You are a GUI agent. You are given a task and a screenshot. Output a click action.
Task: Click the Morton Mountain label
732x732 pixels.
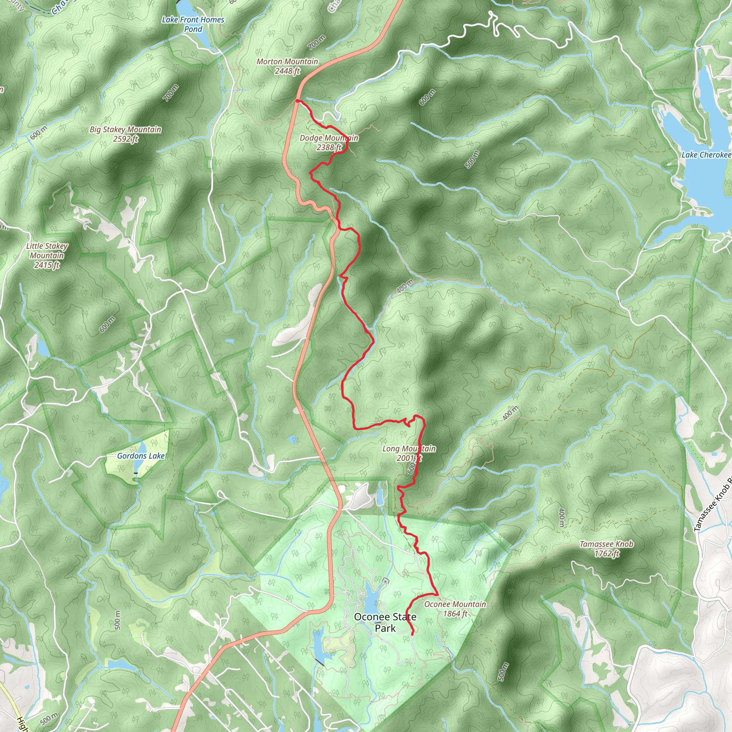click(287, 61)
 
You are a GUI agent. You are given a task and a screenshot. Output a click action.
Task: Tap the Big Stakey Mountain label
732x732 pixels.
click(125, 130)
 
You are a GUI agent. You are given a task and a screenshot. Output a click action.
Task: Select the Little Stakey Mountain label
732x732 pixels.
click(47, 251)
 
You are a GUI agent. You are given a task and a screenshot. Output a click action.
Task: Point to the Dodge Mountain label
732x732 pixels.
click(329, 138)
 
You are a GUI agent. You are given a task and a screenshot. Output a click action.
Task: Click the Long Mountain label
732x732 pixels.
click(409, 449)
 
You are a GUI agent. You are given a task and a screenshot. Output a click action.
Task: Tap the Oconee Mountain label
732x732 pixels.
click(455, 604)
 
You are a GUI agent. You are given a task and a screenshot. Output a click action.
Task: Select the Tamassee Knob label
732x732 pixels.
click(606, 544)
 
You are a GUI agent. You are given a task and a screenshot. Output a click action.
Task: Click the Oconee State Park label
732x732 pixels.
click(385, 623)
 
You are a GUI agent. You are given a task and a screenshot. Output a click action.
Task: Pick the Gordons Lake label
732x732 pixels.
click(140, 456)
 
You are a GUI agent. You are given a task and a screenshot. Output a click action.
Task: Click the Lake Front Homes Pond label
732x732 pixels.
click(193, 24)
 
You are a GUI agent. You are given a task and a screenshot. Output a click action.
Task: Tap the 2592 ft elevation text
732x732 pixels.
click(125, 139)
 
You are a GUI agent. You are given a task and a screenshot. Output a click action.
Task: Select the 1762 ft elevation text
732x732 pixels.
click(607, 554)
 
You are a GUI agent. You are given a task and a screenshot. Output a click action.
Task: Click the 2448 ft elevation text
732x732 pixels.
click(287, 71)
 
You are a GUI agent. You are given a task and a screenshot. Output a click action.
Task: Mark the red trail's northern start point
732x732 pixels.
click(297, 101)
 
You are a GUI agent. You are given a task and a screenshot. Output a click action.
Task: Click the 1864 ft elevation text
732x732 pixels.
click(455, 614)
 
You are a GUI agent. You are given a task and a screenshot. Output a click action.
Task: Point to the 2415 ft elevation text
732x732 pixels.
click(47, 265)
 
